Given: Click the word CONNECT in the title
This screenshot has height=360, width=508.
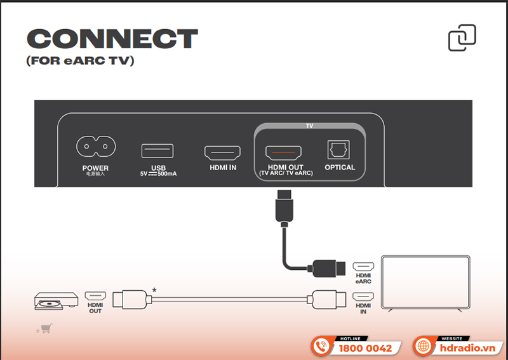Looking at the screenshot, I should (112, 39).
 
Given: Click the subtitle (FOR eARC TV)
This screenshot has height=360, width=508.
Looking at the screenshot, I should (80, 62).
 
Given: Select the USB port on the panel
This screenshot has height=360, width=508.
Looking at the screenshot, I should (157, 151).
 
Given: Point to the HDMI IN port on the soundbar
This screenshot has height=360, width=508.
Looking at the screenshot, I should (222, 152).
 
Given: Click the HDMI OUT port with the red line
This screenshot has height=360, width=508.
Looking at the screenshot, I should (283, 152).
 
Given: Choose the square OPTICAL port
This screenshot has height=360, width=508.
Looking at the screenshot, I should (339, 150).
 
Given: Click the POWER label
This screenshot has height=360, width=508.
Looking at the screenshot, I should (96, 168).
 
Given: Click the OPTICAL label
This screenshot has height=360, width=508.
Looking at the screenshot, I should (340, 168).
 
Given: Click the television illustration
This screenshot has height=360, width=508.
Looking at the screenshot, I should (424, 283).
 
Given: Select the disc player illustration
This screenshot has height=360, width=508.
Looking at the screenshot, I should (56, 301).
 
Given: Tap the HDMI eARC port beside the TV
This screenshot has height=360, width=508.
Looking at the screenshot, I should (363, 267).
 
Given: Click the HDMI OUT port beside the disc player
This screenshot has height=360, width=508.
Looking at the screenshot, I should (95, 296).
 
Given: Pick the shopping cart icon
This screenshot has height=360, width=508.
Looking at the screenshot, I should (46, 328).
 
